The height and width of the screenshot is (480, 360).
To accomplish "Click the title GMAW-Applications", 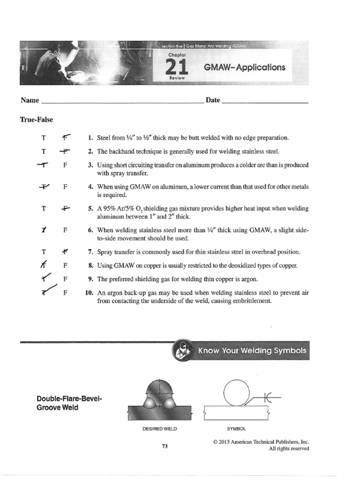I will pos(244,67).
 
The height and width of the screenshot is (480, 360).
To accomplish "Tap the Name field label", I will pos(29,100).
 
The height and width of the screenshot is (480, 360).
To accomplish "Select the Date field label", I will pos(212,100).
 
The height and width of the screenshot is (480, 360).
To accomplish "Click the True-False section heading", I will pos(36,120).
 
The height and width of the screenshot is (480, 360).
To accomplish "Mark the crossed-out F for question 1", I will pos(66,138).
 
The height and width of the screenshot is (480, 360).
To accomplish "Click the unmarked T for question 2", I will pos(44,152).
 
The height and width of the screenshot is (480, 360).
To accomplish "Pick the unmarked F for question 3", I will pos(66,165).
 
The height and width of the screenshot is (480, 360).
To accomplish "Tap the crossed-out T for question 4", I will pos(44,186).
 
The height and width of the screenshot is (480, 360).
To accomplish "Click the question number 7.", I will pos(90,252).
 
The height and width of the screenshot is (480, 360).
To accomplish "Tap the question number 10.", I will pos(89,292).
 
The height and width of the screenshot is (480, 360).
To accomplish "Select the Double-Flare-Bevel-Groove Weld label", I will pos(69,403).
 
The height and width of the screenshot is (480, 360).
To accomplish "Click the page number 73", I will pos(165,447).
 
